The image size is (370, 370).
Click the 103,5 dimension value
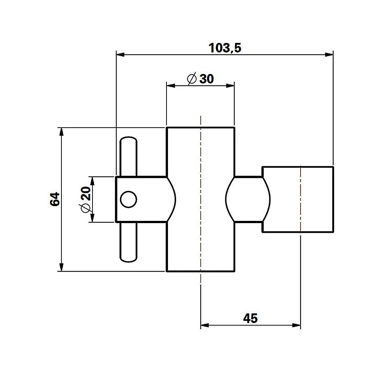click(x=225, y=48)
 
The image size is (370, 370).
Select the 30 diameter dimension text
click(x=206, y=79)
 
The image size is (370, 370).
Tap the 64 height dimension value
click(x=54, y=199)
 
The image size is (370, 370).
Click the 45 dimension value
click(x=250, y=318)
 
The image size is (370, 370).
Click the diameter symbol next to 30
click(x=192, y=79)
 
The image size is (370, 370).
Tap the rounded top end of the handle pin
click(x=128, y=140)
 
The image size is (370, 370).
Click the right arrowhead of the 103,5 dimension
click(x=330, y=55)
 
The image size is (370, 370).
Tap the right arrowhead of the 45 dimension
click(x=297, y=326)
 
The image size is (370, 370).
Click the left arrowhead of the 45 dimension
click(x=204, y=326)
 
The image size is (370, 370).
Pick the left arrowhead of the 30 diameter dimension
click(x=171, y=85)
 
